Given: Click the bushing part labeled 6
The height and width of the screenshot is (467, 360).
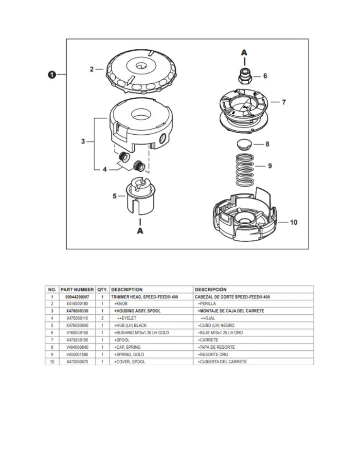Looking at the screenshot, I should tap(244, 75).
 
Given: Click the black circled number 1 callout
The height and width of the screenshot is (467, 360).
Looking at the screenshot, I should tap(52, 74).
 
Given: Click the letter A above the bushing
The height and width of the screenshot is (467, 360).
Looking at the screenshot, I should tap(244, 52).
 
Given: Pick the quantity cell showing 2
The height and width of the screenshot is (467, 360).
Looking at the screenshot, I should tap(102, 318).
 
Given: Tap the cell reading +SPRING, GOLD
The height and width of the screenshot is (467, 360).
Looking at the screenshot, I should tap(129, 355).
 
